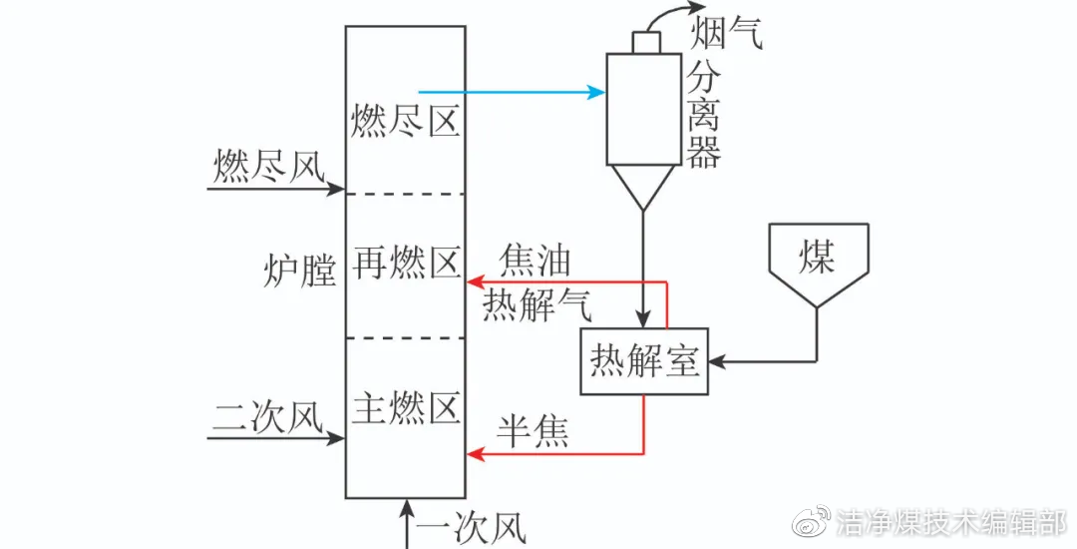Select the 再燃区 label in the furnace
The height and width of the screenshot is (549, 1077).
(405, 265)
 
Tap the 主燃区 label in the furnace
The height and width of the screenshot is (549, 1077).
(405, 407)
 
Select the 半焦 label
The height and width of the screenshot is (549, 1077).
(534, 431)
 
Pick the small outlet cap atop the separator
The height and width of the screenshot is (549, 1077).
(645, 41)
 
